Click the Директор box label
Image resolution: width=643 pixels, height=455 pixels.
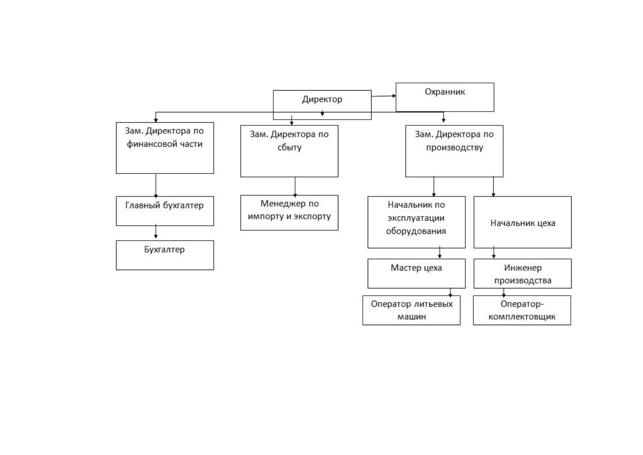[322, 99]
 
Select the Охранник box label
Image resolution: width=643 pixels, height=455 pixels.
[445, 92]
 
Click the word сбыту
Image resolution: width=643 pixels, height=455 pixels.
[289, 147]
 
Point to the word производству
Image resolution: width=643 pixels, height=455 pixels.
[454, 147]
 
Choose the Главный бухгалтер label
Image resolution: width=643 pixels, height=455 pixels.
[164, 206]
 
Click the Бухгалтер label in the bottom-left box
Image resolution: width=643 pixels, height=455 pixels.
[164, 249]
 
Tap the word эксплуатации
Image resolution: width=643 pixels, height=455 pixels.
[416, 218]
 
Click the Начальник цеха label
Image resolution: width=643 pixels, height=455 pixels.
[523, 223]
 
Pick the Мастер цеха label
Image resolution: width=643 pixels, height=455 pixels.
[416, 268]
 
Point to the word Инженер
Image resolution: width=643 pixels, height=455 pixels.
[523, 268]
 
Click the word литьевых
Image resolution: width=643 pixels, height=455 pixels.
[433, 304]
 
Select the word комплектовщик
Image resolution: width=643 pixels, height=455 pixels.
[522, 317]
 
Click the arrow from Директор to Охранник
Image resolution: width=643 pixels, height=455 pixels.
[383, 96]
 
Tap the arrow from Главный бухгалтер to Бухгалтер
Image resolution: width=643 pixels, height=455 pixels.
[155, 232]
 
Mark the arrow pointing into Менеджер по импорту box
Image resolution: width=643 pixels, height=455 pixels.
[295, 187]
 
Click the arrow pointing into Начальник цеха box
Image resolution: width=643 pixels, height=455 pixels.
[493, 187]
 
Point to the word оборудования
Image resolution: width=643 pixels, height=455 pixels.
[416, 231]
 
